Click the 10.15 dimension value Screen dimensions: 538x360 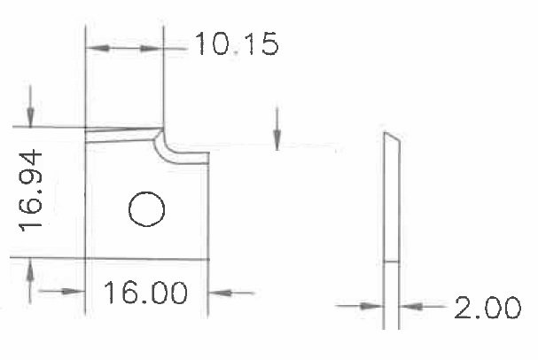point(237,43)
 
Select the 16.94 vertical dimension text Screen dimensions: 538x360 point(30,191)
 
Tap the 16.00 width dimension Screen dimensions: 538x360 point(145,293)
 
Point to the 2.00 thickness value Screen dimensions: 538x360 point(487,308)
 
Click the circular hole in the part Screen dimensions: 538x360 point(147,209)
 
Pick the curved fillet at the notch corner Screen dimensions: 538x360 point(162,148)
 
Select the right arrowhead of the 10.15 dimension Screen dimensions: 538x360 point(152,49)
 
